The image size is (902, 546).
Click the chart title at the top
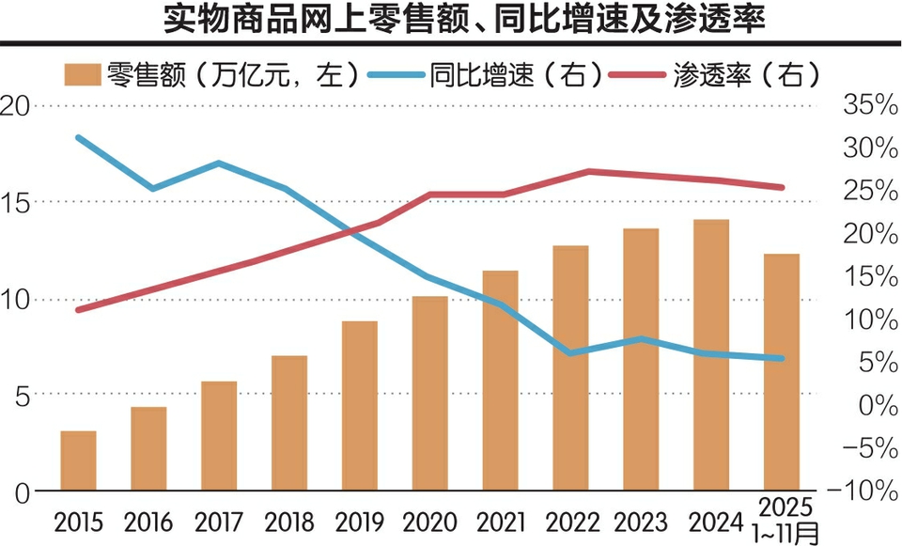tap(451, 21)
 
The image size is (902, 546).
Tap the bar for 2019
tap(360, 406)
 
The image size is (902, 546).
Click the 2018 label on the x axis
tap(289, 520)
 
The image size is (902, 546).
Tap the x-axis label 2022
tap(571, 520)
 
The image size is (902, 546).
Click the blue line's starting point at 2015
tap(78, 138)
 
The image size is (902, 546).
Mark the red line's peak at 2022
tap(589, 171)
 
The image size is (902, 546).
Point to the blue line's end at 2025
tap(782, 358)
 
